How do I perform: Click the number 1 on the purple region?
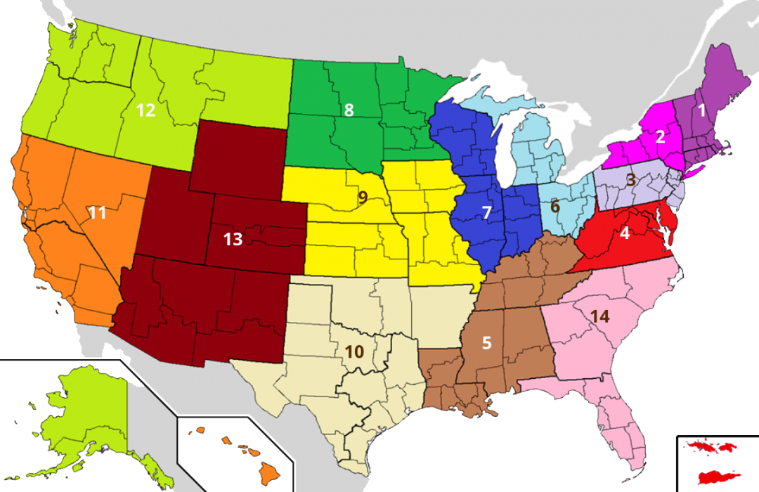[x=700, y=110]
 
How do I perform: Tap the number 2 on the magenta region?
[x=660, y=137]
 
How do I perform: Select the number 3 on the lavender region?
[x=631, y=179]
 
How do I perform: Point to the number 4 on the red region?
[x=624, y=233]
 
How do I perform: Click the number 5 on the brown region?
[x=487, y=343]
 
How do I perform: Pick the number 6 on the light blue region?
[x=555, y=207]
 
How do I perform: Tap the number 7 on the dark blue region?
[x=486, y=212]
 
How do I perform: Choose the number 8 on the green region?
[x=349, y=110]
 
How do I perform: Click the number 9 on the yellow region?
[x=363, y=198]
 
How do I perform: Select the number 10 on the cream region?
[x=354, y=353]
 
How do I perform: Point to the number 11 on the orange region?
[x=97, y=212]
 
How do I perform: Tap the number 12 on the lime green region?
[x=145, y=110]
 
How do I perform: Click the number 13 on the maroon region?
[x=233, y=240]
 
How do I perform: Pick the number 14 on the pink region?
[x=599, y=316]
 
